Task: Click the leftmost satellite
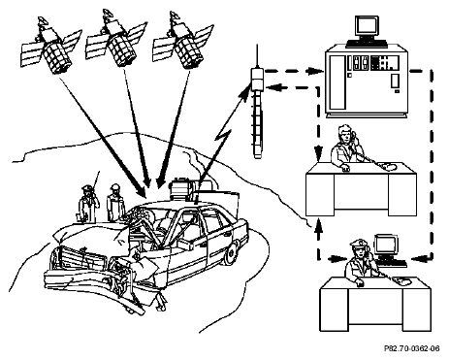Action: tap(51, 46)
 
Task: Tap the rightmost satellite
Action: tap(183, 41)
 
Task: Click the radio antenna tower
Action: tap(257, 107)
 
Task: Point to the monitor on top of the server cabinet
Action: tap(367, 27)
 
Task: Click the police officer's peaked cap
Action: tap(358, 244)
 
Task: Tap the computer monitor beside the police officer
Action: tap(386, 245)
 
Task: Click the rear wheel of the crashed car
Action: tap(230, 254)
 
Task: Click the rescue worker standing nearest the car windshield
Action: tap(115, 203)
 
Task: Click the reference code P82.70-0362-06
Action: tap(411, 348)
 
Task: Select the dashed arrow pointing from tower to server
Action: tap(294, 71)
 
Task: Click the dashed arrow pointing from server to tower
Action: tap(293, 87)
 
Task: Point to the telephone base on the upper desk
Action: tap(388, 166)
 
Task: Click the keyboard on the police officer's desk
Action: tap(392, 263)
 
